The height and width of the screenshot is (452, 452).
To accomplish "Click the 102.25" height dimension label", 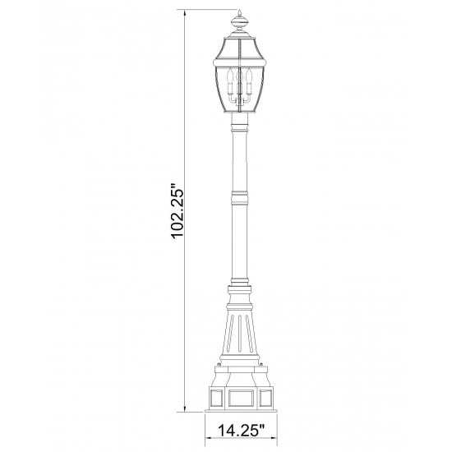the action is pos(178,210).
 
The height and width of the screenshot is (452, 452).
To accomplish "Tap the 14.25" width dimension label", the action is pos(241,431).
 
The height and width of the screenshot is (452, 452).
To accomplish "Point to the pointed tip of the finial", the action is pos(239,10).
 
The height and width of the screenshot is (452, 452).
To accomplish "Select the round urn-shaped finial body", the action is pos(239,22).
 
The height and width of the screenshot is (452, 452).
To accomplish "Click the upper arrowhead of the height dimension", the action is pos(185,12).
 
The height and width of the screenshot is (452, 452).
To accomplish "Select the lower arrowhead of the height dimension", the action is pos(185,408).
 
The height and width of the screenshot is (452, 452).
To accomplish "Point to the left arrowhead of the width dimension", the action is pos(208,446).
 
